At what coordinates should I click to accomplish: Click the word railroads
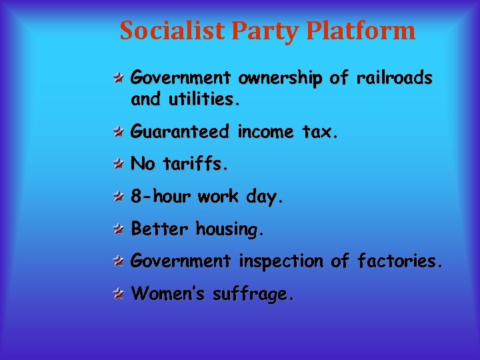394,79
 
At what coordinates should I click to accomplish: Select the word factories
399,261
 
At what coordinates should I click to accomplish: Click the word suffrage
252,294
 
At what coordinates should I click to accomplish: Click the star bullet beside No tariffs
117,164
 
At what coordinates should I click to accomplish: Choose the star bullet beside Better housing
117,229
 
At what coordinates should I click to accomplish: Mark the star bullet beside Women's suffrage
117,294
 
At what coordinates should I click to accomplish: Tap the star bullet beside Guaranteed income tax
117,132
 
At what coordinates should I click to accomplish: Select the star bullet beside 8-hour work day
117,197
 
